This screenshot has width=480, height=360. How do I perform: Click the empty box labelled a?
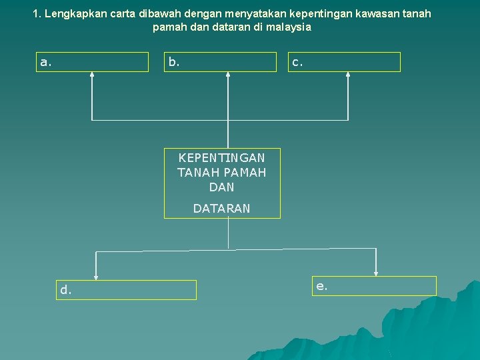pyautogui.click(x=92, y=62)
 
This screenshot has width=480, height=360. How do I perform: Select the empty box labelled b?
pyautogui.click(x=220, y=62)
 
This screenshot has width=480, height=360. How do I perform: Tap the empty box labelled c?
pyautogui.click(x=345, y=62)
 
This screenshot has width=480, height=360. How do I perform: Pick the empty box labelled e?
pyautogui.click(x=375, y=286)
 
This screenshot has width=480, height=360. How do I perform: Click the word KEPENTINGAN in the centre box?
pyautogui.click(x=221, y=158)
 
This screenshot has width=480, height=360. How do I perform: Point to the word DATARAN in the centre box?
pyautogui.click(x=221, y=209)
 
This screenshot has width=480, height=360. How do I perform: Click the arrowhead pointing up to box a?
pyautogui.click(x=92, y=75)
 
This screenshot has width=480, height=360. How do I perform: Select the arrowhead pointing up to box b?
pyautogui.click(x=228, y=75)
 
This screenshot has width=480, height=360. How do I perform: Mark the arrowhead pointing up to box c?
pyautogui.click(x=347, y=75)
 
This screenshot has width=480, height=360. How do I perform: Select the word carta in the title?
pyautogui.click(x=120, y=13)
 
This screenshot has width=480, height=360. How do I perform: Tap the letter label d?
pyautogui.click(x=65, y=290)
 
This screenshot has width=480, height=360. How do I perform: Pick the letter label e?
pyautogui.click(x=321, y=286)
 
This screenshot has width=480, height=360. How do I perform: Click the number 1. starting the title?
pyautogui.click(x=37, y=13)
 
